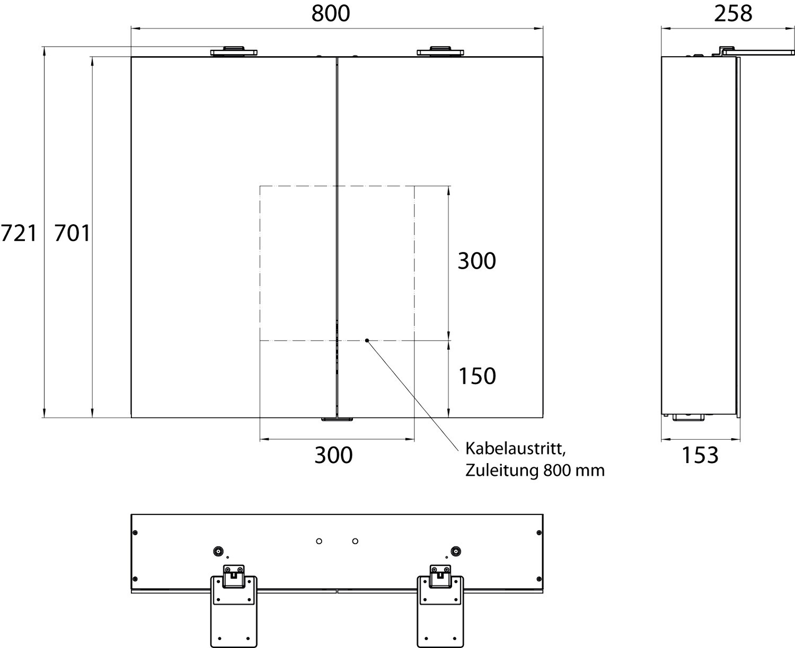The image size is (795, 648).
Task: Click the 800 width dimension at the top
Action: coord(331,14)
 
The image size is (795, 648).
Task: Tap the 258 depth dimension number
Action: coord(733,14)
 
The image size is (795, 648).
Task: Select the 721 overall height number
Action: coord(19,233)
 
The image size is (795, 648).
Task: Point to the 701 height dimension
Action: coord(72,233)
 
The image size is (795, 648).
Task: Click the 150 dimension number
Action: coord(477,376)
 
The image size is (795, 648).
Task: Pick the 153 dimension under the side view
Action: coord(700,455)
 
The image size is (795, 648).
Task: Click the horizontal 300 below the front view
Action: coord(333,455)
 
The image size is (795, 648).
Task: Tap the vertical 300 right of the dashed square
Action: coord(477,261)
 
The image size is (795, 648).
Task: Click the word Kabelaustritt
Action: coord(515,449)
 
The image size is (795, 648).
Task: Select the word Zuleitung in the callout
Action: coord(502,470)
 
